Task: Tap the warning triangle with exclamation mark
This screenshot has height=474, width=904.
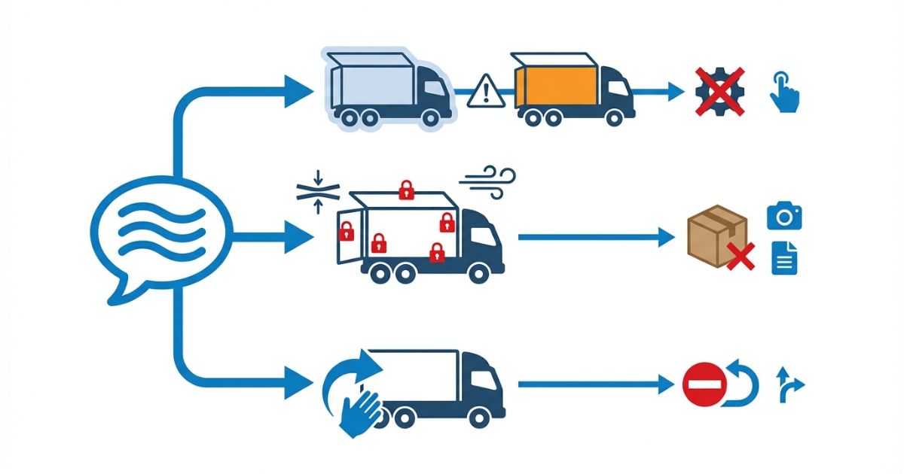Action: (487, 92)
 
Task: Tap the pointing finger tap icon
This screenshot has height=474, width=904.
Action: (784, 93)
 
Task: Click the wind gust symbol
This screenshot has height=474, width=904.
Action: (488, 181)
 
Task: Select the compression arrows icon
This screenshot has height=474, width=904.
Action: (318, 191)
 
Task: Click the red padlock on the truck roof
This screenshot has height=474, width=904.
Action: (407, 189)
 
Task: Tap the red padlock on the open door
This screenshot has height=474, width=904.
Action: (347, 230)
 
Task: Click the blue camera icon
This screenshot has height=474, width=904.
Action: (784, 216)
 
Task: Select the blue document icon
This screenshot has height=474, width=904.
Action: (783, 258)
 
